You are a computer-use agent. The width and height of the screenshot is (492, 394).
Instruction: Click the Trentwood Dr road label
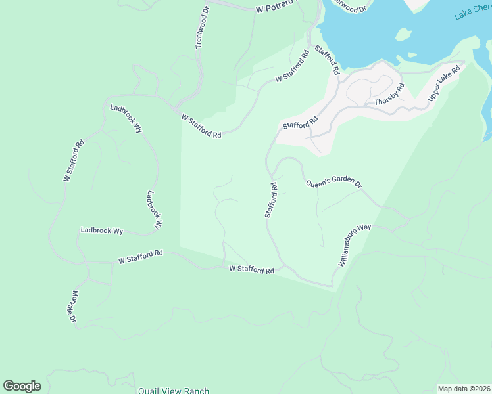(x=201, y=28)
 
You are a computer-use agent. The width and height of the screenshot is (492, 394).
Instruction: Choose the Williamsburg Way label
(x=355, y=244)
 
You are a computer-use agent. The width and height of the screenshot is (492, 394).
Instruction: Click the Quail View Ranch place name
(x=173, y=390)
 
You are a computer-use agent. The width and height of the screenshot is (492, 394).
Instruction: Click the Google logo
(x=22, y=386)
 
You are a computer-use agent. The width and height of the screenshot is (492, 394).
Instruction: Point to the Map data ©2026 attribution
(x=464, y=389)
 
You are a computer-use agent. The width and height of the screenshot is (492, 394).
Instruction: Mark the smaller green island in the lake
(x=412, y=55)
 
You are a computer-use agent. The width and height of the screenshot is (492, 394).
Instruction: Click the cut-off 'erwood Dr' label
(x=349, y=7)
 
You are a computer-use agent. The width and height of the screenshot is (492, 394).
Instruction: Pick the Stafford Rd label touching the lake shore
(x=326, y=59)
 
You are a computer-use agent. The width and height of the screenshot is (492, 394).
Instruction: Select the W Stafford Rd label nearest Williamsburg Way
(x=251, y=269)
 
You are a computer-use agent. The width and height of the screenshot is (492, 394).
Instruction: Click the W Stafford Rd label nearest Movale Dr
(x=140, y=257)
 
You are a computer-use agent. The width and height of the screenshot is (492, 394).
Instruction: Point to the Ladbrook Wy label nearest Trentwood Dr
(x=126, y=118)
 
